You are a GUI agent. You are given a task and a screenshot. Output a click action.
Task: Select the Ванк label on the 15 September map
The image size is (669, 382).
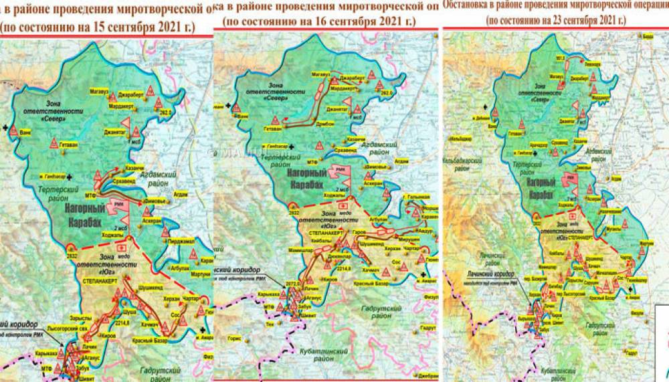(x=25, y=132)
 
